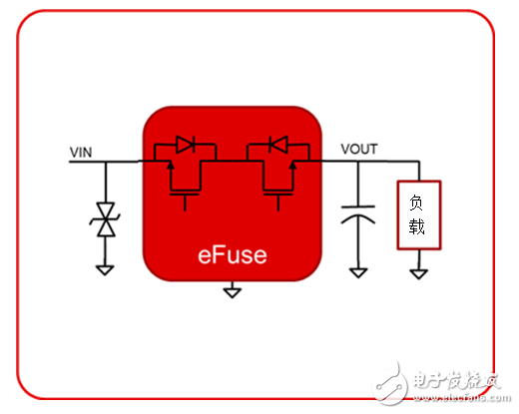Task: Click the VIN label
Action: pyautogui.click(x=81, y=152)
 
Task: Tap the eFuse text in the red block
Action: pyautogui.click(x=232, y=254)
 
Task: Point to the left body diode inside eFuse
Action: pyautogui.click(x=184, y=146)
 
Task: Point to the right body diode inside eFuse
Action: pyautogui.click(x=278, y=146)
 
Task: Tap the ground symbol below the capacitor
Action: pyautogui.click(x=356, y=270)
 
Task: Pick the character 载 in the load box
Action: pyautogui.click(x=417, y=227)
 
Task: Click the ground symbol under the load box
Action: pyautogui.click(x=417, y=270)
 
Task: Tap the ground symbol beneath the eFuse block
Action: pyautogui.click(x=232, y=291)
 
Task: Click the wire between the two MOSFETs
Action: pyautogui.click(x=232, y=162)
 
